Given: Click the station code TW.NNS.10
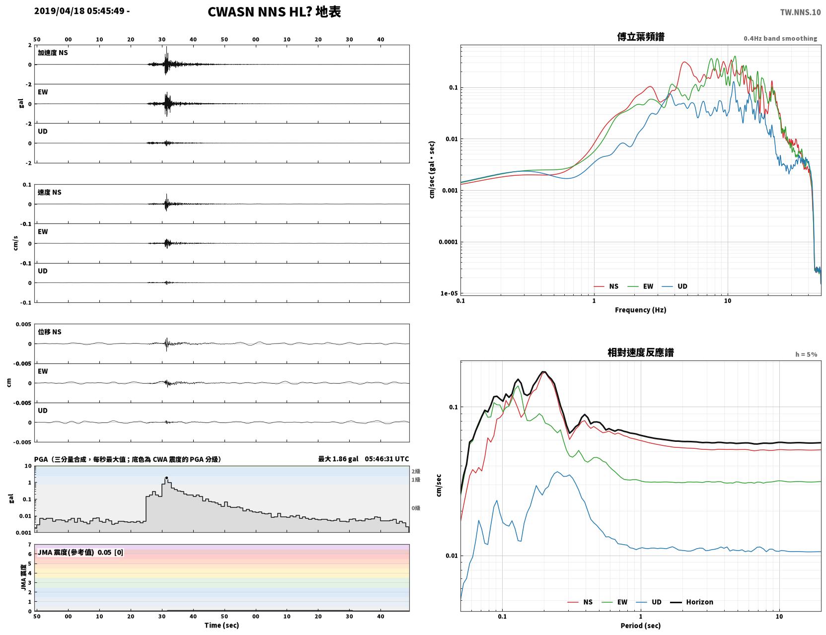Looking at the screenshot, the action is tap(800, 12).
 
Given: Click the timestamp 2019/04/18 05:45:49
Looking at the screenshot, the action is tap(79, 11).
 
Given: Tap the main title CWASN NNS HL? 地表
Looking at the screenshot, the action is tap(274, 12).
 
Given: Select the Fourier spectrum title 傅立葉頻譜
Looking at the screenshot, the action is tap(641, 37).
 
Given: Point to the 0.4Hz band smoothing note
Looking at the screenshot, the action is tap(780, 38).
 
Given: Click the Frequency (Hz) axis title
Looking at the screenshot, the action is tap(641, 310).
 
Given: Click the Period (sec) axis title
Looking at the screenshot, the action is tap(641, 626).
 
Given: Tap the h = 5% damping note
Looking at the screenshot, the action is tap(806, 354).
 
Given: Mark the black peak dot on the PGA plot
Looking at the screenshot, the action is tap(166, 478).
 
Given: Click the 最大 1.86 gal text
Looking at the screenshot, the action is tap(338, 459).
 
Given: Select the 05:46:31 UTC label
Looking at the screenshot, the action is tap(386, 459).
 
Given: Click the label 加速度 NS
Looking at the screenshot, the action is tap(53, 53).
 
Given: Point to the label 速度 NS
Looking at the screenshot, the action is tap(49, 192).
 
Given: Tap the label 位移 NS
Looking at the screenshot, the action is tap(49, 332).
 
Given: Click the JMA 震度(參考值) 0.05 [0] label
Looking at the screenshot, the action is tap(80, 552).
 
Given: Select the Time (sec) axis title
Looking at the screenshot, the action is tap(222, 625).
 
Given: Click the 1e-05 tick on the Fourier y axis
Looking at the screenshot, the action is tap(449, 293).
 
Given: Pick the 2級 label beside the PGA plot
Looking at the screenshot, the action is tap(416, 471).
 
